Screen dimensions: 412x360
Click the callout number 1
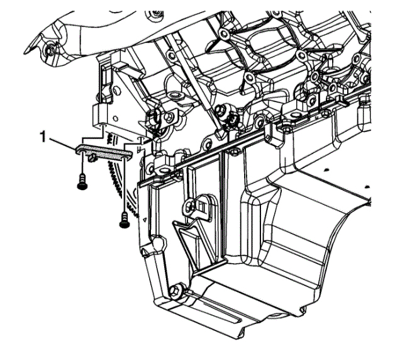click(43, 137)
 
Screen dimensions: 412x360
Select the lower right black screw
click(125, 220)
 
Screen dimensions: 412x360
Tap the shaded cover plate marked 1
click(104, 152)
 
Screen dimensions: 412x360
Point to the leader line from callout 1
click(62, 143)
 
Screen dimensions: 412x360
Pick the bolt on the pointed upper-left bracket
click(50, 50)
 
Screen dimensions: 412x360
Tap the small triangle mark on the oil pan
click(144, 219)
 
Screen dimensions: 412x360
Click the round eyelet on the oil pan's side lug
click(189, 206)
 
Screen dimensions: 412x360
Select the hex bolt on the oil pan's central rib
click(235, 152)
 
